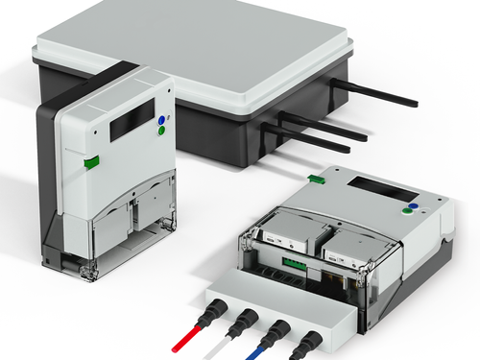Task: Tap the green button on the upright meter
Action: click(162, 133)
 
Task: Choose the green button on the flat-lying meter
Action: click(419, 214)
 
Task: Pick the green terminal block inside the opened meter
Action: click(295, 258)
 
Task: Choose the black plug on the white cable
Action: click(247, 321)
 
